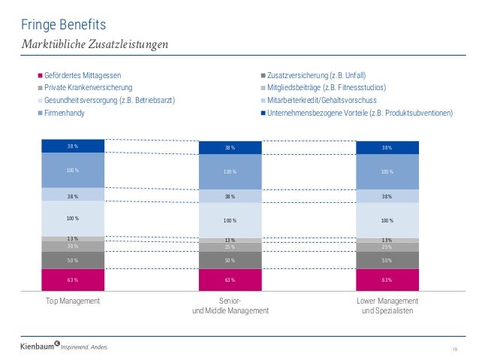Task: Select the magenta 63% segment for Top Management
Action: click(x=73, y=280)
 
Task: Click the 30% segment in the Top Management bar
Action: click(x=73, y=247)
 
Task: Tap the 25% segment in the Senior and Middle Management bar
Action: click(x=230, y=247)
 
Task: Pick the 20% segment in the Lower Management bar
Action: click(x=387, y=247)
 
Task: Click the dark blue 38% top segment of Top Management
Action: click(x=73, y=147)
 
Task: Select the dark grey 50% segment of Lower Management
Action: click(x=387, y=260)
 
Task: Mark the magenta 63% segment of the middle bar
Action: click(x=230, y=280)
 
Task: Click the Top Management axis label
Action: click(x=74, y=301)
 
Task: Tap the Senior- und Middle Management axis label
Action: click(x=230, y=306)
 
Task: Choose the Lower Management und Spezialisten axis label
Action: click(x=387, y=306)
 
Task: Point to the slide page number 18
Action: click(x=454, y=348)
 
